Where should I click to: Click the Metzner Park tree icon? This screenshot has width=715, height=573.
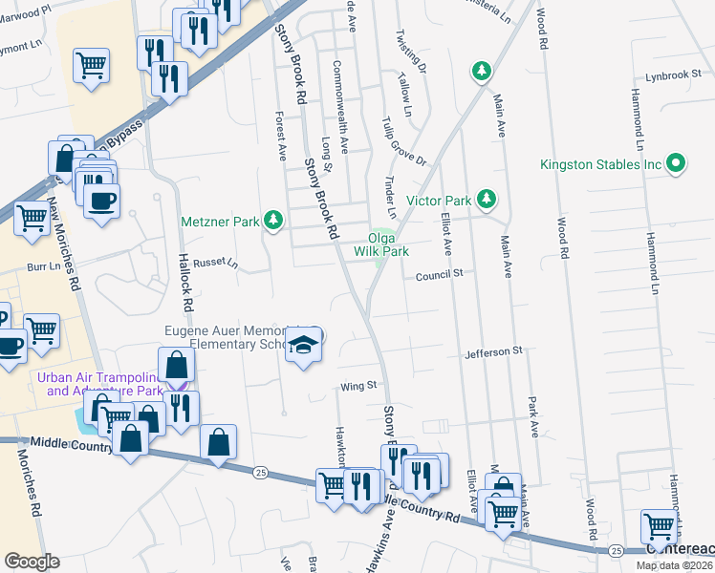274,222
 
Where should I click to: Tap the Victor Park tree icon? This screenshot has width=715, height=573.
487,199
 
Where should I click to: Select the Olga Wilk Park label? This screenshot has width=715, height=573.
381,245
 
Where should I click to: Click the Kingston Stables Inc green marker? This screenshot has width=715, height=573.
678,163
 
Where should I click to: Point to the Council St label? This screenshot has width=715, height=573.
439,273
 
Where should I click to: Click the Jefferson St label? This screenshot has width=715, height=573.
493,351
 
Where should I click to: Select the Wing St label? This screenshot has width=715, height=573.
355,387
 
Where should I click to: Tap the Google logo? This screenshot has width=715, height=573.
32,561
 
